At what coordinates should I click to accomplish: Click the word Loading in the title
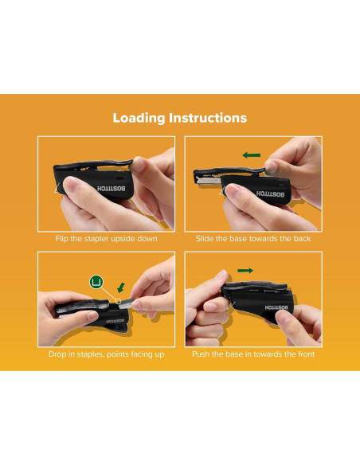[139, 118]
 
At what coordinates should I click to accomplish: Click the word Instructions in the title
[208, 118]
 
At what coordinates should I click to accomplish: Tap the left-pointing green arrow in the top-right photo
[251, 154]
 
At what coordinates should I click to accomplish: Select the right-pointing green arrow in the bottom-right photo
[245, 272]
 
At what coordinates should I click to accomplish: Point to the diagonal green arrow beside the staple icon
[119, 286]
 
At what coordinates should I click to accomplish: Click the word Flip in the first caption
[62, 239]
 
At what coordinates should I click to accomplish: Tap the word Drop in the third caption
[57, 354]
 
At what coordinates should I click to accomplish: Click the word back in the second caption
[302, 239]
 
